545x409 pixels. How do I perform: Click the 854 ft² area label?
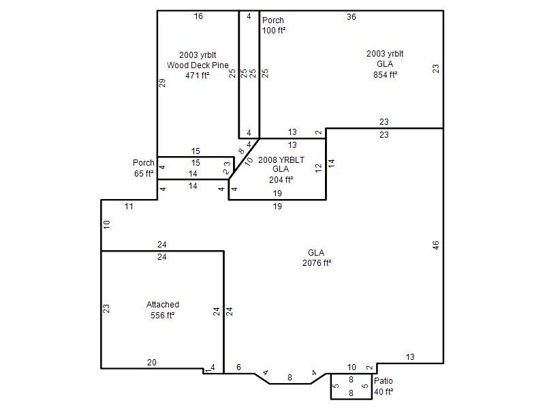pos(385,75)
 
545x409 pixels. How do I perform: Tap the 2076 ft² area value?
pos(317,263)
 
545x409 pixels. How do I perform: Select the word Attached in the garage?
pos(163,305)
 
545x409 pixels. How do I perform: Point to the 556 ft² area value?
pos(162,316)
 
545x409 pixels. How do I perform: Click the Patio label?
pos(384,381)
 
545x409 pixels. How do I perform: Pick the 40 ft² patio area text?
pos(384,392)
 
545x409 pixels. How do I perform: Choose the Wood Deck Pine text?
pos(198,65)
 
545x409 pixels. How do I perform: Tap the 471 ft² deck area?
pos(198,76)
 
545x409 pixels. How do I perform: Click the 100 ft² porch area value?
pos(274,31)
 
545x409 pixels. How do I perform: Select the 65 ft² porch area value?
pos(144,174)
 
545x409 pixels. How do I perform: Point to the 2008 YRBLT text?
pos(281,160)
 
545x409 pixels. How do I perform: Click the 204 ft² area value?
pos(281,180)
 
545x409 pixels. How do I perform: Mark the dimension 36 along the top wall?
pos(352,16)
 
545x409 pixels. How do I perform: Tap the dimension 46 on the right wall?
pos(436,245)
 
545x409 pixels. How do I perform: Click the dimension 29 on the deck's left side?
pos(162,82)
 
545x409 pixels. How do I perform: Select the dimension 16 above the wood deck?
pos(198,16)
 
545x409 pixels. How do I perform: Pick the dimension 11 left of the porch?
pos(129,207)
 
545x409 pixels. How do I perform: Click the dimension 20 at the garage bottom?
pos(152,363)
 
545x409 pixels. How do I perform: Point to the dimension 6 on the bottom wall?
pos(239,367)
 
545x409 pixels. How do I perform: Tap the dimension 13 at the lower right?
pos(410,357)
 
